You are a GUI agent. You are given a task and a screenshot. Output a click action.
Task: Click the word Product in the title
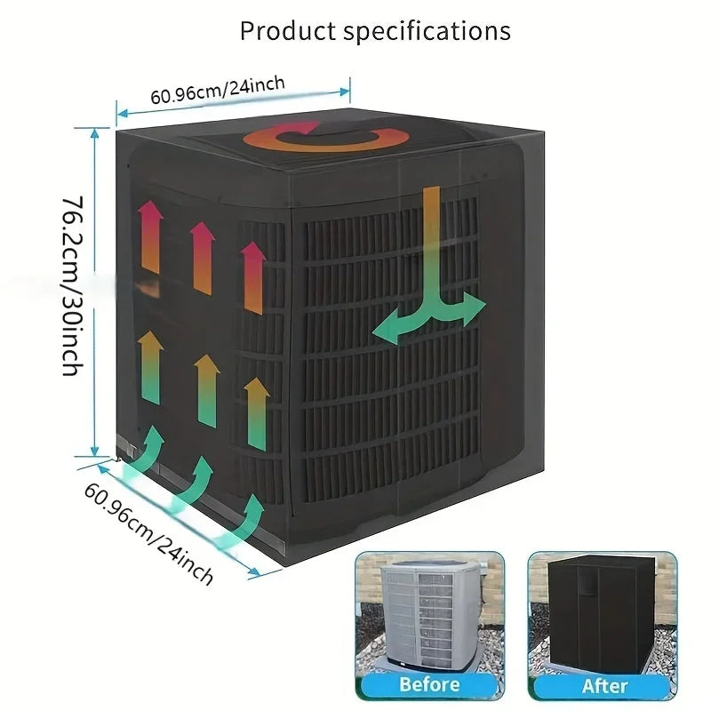(x=288, y=31)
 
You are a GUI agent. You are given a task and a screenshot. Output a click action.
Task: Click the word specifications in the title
(x=427, y=31)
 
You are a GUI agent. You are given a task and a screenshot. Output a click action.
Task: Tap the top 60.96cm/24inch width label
(x=218, y=90)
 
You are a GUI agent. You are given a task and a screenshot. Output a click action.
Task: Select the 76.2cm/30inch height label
(x=73, y=286)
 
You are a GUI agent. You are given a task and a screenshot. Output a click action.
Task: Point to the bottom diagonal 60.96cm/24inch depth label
(x=148, y=533)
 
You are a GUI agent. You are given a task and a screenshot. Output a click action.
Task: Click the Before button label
(x=429, y=684)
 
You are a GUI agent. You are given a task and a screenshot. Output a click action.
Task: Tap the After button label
(x=605, y=686)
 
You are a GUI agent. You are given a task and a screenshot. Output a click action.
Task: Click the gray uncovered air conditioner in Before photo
(x=429, y=614)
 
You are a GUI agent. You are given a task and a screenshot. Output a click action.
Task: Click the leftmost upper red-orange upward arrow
(x=150, y=236)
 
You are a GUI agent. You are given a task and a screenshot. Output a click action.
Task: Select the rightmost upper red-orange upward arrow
(x=253, y=277)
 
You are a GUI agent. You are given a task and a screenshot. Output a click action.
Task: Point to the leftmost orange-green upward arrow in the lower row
(x=150, y=367)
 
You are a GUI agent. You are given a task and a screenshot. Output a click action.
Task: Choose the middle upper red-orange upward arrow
(x=203, y=258)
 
